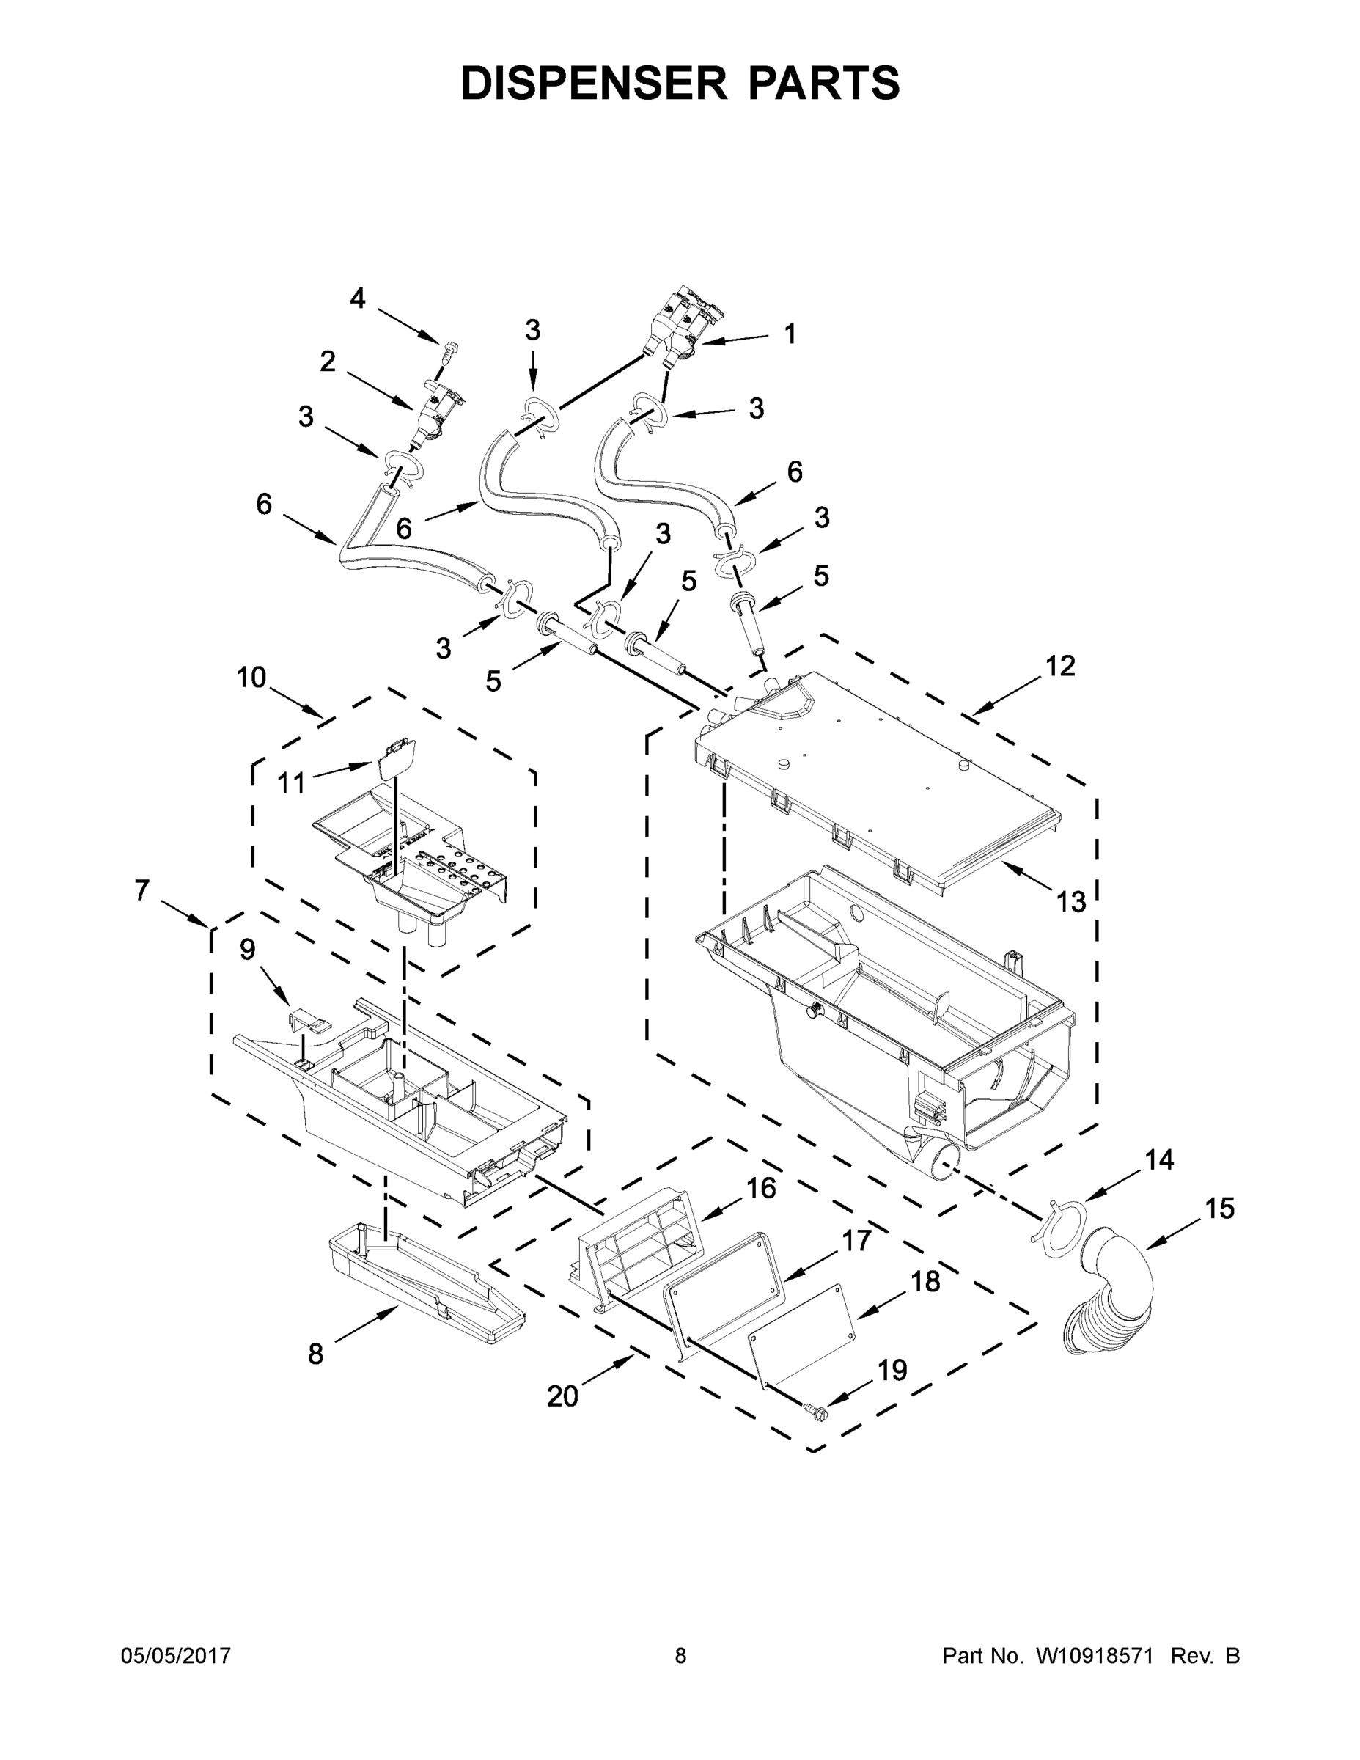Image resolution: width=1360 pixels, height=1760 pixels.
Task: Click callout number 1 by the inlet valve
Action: (x=790, y=333)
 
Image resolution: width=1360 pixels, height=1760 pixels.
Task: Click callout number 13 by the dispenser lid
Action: (x=1070, y=902)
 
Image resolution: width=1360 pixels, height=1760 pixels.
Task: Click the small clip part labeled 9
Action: (x=309, y=1022)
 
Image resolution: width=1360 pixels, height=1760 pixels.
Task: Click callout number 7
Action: (x=141, y=890)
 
